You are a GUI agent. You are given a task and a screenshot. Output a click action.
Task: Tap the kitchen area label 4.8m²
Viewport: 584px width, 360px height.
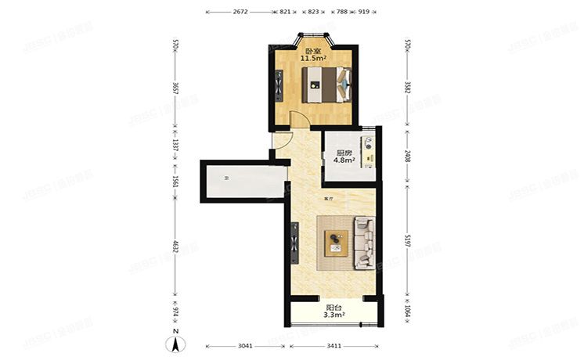(x=344, y=160)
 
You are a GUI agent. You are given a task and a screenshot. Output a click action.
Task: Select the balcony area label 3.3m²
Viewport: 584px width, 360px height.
(x=334, y=315)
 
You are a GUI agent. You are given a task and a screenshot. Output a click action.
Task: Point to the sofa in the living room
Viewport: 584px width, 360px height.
(x=364, y=243)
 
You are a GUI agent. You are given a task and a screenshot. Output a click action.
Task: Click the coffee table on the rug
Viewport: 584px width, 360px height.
(x=337, y=244)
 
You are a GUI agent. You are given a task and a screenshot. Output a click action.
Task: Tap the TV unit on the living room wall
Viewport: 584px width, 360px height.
(x=295, y=243)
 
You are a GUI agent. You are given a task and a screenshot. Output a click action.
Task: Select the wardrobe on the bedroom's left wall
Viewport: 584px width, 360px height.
(x=279, y=87)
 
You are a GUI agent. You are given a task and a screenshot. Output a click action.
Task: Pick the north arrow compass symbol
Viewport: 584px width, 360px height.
(x=178, y=343)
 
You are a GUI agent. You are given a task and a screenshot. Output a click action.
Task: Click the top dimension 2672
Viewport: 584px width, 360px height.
(x=240, y=13)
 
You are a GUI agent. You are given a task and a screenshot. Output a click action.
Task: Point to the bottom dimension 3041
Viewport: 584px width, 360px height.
(x=245, y=345)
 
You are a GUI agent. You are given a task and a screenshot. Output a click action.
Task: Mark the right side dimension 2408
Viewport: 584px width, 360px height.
(x=407, y=156)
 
